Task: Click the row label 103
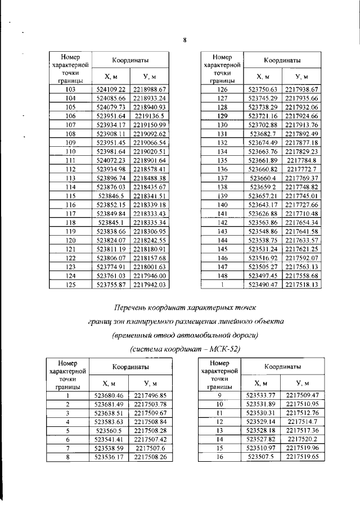70,89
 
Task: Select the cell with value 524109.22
110,89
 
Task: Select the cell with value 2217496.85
150,395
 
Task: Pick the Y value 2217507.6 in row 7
150,448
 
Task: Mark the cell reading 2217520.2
302,440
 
